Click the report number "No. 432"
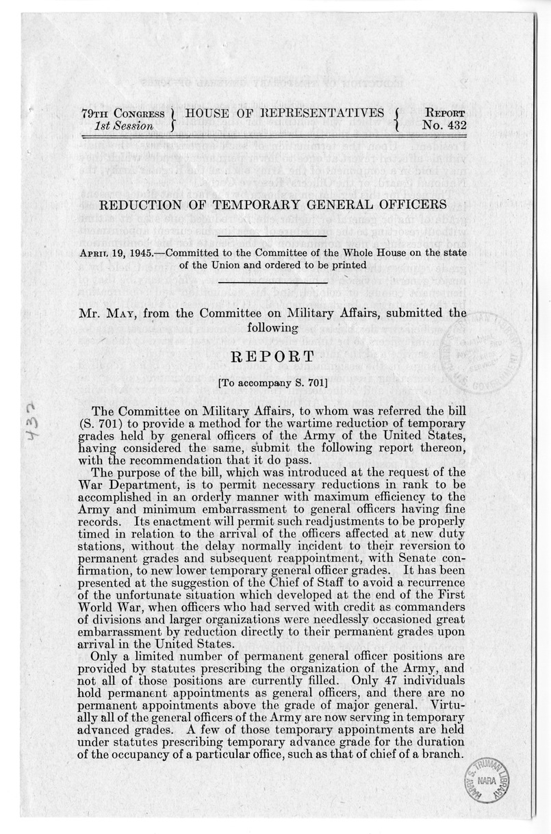pos(445,126)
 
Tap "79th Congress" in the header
pos(121,114)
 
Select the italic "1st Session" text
pos(128,126)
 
